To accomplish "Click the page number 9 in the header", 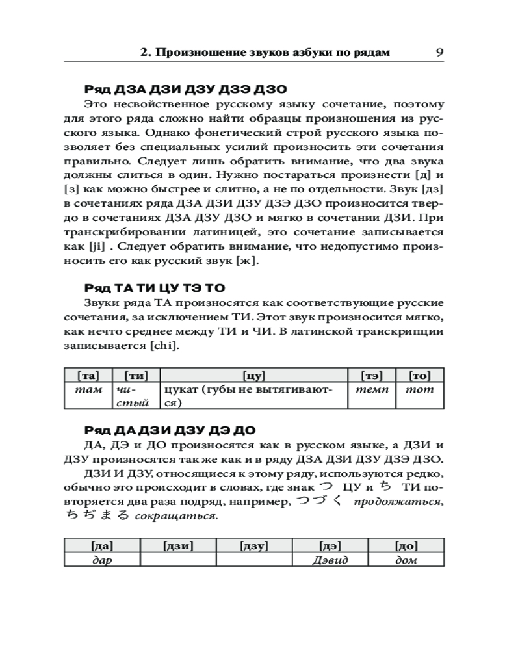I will click(439, 52).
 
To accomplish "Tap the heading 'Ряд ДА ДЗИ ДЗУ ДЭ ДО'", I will click(170, 430).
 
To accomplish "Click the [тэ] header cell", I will click(372, 375).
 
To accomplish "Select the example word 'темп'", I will click(372, 389).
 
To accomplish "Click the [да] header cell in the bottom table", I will click(102, 546).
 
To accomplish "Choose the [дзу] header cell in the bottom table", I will click(254, 546).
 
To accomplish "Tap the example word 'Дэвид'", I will click(330, 560).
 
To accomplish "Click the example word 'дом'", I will click(406, 560).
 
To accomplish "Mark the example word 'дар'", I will click(102, 560).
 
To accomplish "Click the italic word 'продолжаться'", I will click(390, 502).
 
